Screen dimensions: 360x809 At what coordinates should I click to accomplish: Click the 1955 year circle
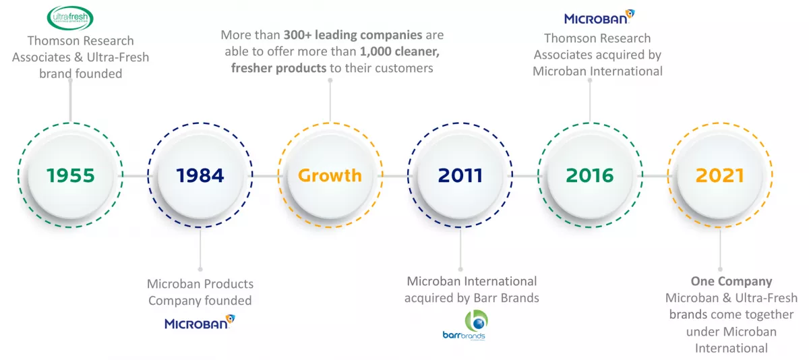click(71, 176)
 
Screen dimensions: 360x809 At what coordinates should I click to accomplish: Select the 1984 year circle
click(200, 176)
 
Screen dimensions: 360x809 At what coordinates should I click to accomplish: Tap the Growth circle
click(330, 176)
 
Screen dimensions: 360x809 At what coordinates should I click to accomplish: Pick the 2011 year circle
click(460, 176)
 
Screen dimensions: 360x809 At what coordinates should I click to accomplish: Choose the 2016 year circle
click(590, 176)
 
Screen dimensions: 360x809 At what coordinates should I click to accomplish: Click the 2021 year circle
click(720, 176)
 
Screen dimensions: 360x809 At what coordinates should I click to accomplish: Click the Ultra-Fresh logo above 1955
click(71, 18)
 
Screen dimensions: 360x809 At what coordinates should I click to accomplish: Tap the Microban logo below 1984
click(200, 323)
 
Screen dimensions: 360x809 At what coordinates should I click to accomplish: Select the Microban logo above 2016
click(599, 18)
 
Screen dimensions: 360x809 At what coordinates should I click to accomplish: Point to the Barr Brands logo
click(465, 326)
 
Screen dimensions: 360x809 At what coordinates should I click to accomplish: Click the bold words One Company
click(731, 281)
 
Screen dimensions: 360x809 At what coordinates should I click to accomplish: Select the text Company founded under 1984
click(200, 301)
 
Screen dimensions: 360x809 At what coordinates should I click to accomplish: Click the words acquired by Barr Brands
click(472, 297)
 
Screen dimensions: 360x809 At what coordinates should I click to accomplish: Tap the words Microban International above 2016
click(598, 71)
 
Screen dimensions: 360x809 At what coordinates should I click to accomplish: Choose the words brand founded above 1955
click(80, 73)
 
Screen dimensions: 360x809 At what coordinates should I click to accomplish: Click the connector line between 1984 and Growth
click(265, 176)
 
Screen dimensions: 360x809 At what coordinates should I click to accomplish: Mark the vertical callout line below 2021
click(720, 249)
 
